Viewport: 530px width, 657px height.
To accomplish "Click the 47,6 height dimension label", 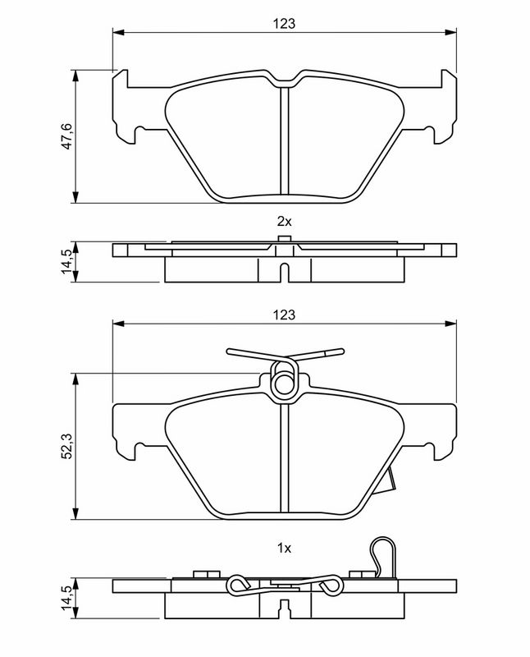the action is click(x=67, y=136).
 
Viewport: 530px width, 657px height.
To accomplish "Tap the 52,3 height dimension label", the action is click(x=67, y=447).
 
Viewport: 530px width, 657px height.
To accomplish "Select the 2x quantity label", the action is click(x=284, y=221).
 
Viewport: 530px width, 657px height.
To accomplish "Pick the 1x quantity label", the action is click(x=284, y=548).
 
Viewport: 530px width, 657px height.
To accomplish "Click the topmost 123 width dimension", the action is click(x=284, y=24).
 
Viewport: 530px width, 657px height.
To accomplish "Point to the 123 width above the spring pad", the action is click(x=284, y=315).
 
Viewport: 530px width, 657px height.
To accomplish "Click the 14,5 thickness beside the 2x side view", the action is click(x=67, y=262).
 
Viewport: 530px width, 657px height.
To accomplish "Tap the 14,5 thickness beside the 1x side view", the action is click(x=67, y=598).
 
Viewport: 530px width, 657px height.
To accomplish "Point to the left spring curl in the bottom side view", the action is click(x=237, y=585).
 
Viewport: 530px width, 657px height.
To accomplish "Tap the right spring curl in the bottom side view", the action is click(x=331, y=584).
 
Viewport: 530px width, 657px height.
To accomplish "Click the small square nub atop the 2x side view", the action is click(x=284, y=239).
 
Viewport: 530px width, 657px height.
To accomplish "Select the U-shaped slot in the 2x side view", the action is click(x=284, y=273).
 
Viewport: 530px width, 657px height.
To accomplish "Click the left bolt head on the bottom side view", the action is click(x=208, y=574).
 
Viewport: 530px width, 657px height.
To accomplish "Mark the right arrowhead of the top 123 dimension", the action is click(x=451, y=32).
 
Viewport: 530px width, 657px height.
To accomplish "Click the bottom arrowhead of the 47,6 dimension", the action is click(x=75, y=197).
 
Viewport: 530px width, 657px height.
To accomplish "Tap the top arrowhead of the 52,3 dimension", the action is click(x=75, y=379).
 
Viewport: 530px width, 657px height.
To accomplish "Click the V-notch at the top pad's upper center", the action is click(x=284, y=80).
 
